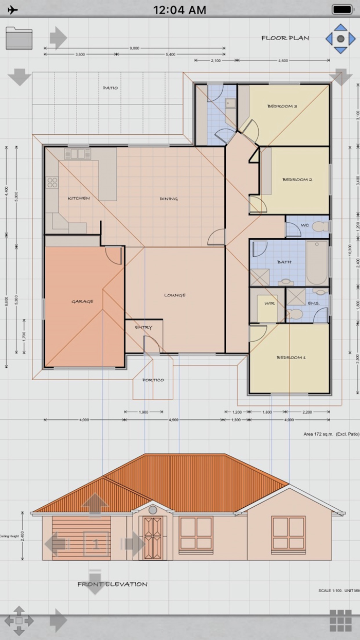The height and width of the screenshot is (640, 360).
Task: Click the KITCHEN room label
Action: point(79,198)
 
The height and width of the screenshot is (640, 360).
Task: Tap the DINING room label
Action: point(169,199)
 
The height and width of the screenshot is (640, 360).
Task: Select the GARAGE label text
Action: point(82,301)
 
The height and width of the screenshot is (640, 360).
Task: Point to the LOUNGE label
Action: point(175,295)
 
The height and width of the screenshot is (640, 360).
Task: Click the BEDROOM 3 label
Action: point(282,106)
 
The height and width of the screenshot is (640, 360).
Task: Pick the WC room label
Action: point(304,225)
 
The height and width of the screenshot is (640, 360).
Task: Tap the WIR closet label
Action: point(269,304)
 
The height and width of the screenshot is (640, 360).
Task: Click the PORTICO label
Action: point(153,380)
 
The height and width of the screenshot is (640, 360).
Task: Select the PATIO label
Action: point(110,88)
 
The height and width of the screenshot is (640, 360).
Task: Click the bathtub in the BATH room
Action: point(317,262)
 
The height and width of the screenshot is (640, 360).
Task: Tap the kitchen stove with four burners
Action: point(52,182)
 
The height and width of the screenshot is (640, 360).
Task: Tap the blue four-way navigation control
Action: point(340,39)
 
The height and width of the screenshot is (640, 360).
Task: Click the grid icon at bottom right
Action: point(340,621)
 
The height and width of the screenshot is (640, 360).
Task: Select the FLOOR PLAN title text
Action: point(285,38)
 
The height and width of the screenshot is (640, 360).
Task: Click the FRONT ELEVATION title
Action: point(113,584)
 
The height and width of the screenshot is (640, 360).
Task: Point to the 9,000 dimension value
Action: point(134,48)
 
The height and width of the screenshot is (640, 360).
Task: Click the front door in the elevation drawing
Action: point(153,538)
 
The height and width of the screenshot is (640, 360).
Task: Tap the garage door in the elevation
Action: point(81,538)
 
